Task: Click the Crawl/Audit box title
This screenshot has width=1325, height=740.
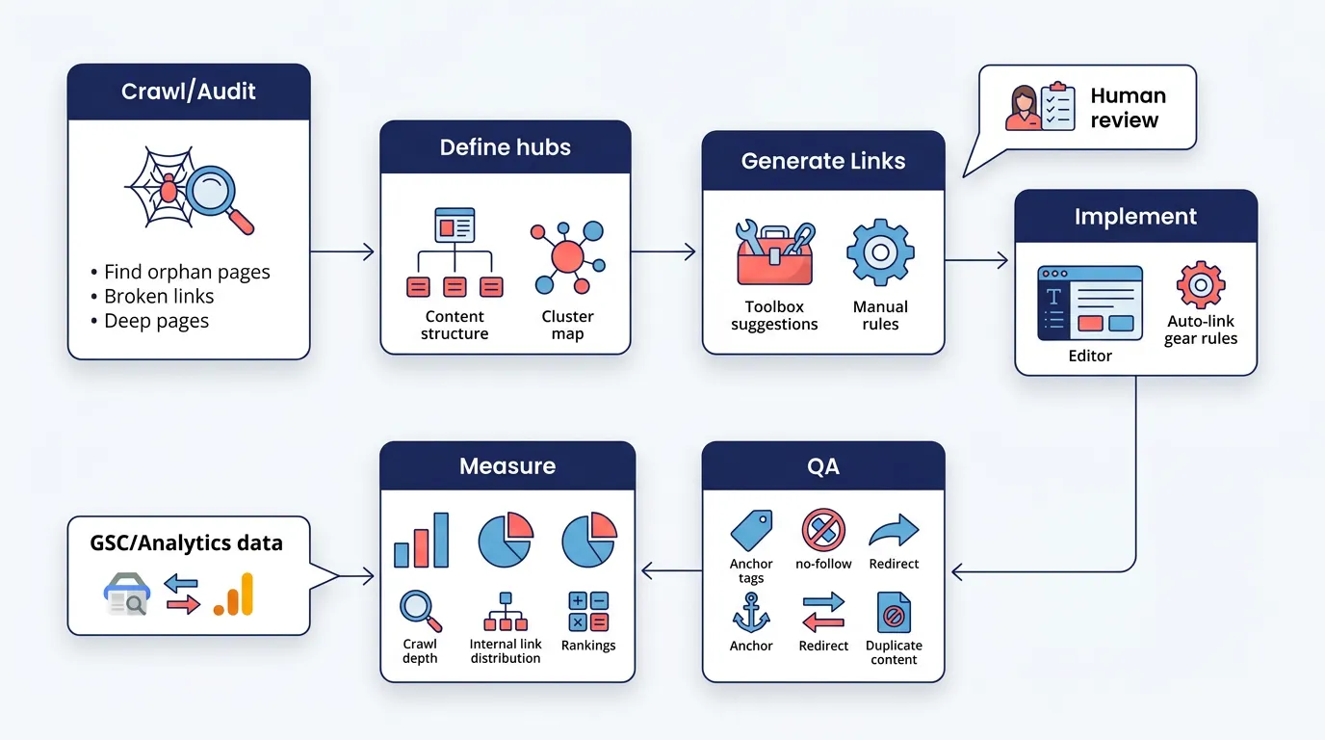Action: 189,92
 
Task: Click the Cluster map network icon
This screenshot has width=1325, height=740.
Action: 568,256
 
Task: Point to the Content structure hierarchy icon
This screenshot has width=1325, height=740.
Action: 455,253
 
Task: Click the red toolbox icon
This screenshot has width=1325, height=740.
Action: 774,254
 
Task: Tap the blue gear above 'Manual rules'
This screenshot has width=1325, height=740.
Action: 879,252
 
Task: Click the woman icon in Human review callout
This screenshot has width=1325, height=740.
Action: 1022,108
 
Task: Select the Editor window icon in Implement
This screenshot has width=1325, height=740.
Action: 1090,303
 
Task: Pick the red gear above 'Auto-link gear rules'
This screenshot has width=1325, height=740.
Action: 1200,285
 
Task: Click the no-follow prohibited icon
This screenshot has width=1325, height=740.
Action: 823,530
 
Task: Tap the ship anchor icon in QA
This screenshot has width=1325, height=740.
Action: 751,612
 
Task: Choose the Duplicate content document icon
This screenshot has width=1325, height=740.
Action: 894,612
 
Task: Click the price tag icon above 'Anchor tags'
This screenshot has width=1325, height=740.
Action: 751,530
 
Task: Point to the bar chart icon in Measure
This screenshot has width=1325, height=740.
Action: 421,540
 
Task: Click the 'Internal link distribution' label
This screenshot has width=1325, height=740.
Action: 506,651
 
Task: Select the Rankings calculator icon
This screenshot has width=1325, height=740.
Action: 588,612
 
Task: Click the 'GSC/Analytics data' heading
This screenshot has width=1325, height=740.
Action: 187,543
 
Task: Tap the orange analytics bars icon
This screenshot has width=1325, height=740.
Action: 234,595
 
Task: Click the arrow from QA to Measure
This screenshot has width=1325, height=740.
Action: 671,571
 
